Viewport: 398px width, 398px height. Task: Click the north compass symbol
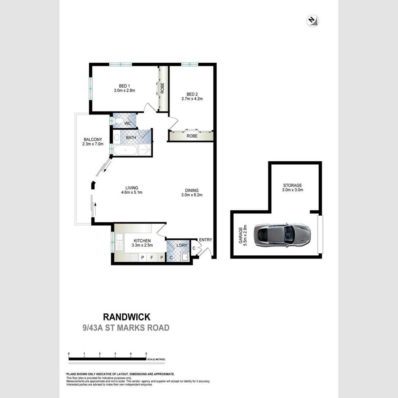pyautogui.click(x=313, y=21)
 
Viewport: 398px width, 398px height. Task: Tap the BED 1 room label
pyautogui.click(x=124, y=86)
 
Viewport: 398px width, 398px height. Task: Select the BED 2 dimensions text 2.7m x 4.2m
pyautogui.click(x=192, y=99)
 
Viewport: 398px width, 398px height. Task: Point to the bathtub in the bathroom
pyautogui.click(x=125, y=150)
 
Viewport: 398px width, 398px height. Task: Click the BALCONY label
pyautogui.click(x=93, y=139)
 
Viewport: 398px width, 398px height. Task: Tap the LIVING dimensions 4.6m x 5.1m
pyautogui.click(x=132, y=192)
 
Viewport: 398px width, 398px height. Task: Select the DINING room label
pyautogui.click(x=192, y=190)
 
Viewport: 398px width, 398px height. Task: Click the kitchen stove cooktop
pyautogui.click(x=134, y=257)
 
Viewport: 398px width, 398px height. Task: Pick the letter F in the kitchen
pyautogui.click(x=152, y=257)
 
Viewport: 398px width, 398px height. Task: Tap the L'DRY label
pyautogui.click(x=182, y=245)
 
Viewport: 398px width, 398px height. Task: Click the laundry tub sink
pyautogui.click(x=185, y=257)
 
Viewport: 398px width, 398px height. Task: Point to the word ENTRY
pyautogui.click(x=205, y=239)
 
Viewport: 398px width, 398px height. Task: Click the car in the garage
pyautogui.click(x=282, y=235)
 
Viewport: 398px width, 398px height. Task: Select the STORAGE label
pyautogui.click(x=293, y=185)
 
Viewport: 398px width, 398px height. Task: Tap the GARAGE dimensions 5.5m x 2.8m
pyautogui.click(x=245, y=235)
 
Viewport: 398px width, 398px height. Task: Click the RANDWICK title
pyautogui.click(x=127, y=317)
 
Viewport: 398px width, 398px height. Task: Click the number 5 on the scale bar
pyautogui.click(x=146, y=354)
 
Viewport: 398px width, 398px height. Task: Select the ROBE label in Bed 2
pyautogui.click(x=192, y=136)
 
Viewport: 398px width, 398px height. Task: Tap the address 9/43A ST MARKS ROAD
pyautogui.click(x=126, y=328)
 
